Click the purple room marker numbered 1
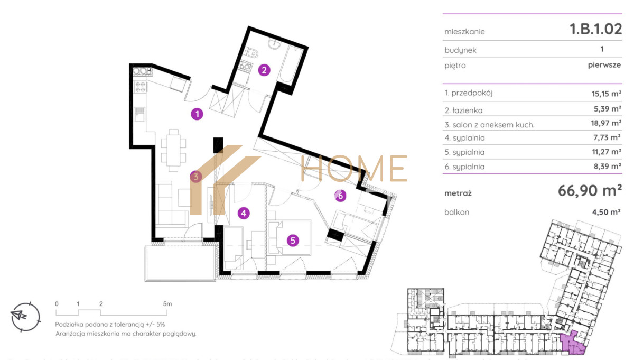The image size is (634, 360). pos(197,114)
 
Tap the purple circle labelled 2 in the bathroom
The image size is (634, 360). pos(264,70)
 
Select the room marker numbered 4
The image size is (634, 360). pos(244,213)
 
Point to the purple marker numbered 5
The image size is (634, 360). pos(293,241)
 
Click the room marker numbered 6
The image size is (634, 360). pos(340,196)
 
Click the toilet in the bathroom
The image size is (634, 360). pos(251,53)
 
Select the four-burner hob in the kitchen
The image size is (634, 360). pos(140,87)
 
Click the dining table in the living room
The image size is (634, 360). pos(173,151)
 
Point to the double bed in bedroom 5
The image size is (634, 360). pos(290,238)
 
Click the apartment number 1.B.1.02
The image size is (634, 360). pos(595,29)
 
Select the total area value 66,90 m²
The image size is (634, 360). pos(590,191)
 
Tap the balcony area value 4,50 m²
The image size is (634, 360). pos(607,212)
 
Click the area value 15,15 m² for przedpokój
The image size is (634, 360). pos(607,94)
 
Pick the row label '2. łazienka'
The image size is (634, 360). pos(464,110)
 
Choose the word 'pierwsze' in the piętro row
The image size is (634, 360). pos(604,65)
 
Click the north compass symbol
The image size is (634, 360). pos(25,317)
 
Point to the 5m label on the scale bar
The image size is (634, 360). pos(167,304)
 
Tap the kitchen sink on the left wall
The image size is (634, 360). pos(139,114)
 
